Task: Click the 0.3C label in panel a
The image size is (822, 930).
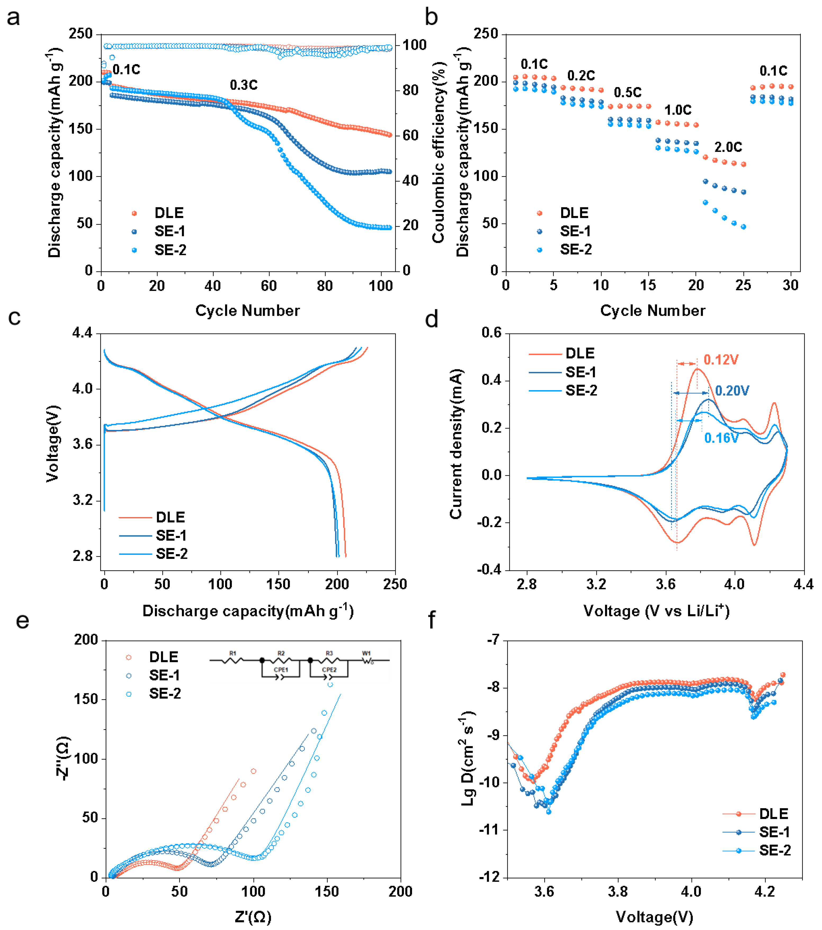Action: tap(244, 85)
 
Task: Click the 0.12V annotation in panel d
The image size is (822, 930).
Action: tap(721, 360)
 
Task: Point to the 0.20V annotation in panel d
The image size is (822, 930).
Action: tap(732, 390)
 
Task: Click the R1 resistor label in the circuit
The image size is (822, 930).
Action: tap(233, 653)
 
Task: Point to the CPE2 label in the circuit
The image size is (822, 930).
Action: tap(329, 670)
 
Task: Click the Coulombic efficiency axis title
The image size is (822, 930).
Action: tap(438, 152)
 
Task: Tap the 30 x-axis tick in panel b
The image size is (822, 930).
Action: tap(790, 285)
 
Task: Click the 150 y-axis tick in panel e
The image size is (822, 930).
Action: tap(86, 699)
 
